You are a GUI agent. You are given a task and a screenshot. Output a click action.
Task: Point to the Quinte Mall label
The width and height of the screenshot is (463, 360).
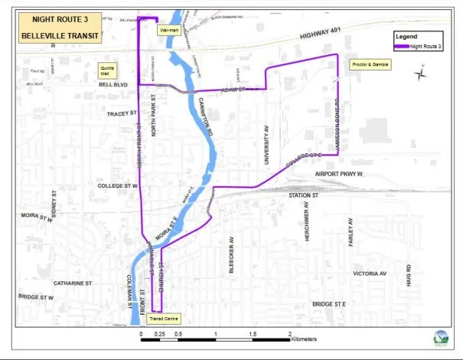(x=106, y=70)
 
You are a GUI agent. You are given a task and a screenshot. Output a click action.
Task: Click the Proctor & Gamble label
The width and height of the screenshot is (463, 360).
(x=369, y=64)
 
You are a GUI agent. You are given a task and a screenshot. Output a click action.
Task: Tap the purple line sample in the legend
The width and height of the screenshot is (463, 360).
(x=400, y=47)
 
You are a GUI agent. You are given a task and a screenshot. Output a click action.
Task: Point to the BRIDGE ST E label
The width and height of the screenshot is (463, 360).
(x=331, y=305)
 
